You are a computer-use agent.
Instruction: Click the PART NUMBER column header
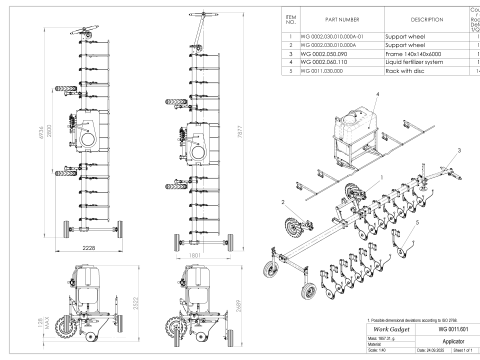(x=331, y=20)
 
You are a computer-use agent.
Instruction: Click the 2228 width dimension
(x=89, y=244)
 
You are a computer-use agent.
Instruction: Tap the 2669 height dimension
(x=259, y=306)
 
